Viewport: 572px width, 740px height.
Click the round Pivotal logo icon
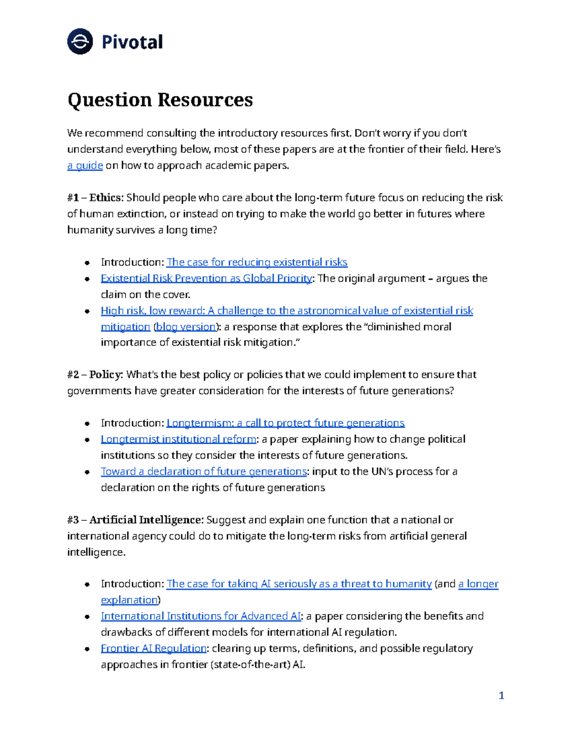tap(80, 41)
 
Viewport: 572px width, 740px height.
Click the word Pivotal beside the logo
tap(132, 42)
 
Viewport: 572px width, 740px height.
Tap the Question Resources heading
tap(160, 100)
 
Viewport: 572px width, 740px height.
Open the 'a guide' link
tap(85, 165)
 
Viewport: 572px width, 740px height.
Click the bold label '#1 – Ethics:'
tap(95, 198)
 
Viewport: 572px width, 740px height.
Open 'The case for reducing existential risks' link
tap(256, 262)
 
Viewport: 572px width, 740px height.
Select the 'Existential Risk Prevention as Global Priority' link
tap(206, 278)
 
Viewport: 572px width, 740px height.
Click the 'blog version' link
tap(186, 327)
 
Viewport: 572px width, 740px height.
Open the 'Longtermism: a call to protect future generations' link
tap(285, 423)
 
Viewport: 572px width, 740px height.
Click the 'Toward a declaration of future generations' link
tap(204, 471)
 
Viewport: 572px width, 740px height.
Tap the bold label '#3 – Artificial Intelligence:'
tap(135, 520)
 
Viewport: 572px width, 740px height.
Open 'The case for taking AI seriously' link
tap(299, 584)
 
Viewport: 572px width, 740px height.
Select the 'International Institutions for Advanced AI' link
tap(201, 616)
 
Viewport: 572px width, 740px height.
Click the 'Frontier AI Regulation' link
tap(153, 649)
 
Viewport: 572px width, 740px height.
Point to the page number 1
tap(501, 696)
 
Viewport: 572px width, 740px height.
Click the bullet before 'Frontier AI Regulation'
tap(87, 649)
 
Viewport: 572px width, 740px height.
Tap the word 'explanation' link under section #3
tap(129, 600)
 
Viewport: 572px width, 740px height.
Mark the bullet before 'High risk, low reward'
tap(87, 311)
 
